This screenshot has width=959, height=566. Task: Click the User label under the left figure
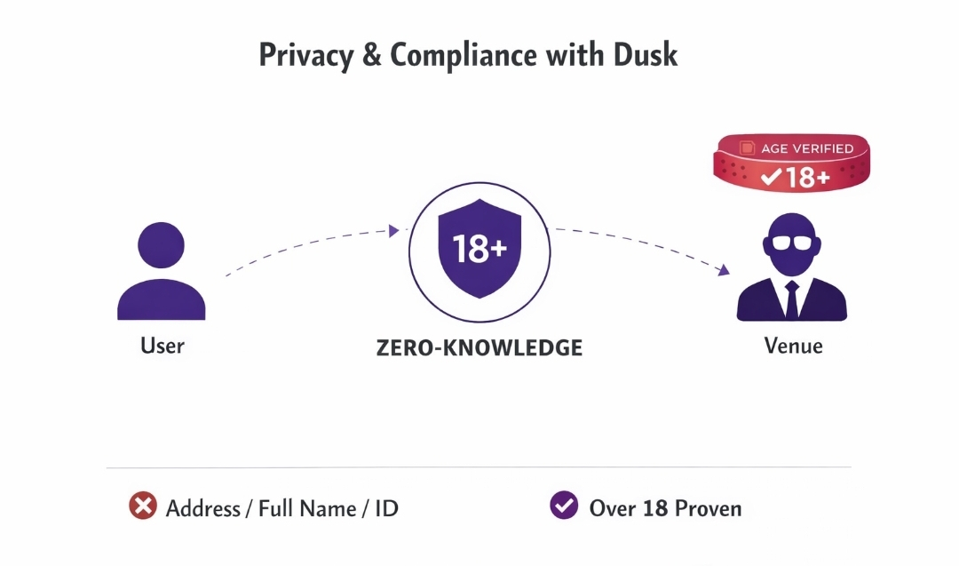point(162,345)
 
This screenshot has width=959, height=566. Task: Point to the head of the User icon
point(162,244)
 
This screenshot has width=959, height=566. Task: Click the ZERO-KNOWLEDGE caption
point(479,347)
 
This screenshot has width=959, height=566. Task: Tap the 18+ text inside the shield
point(479,250)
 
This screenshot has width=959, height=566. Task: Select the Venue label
point(793,345)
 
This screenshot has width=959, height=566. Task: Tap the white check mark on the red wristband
point(771,178)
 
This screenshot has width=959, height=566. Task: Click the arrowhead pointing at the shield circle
point(393,231)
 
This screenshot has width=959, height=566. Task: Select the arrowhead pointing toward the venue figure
point(724,270)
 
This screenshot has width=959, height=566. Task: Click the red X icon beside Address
point(142,506)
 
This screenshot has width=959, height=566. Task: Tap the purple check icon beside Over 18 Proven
point(564,506)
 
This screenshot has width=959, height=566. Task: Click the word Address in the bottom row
point(202,508)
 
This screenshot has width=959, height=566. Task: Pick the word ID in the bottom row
point(385,508)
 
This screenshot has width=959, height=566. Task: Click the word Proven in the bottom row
point(708,508)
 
